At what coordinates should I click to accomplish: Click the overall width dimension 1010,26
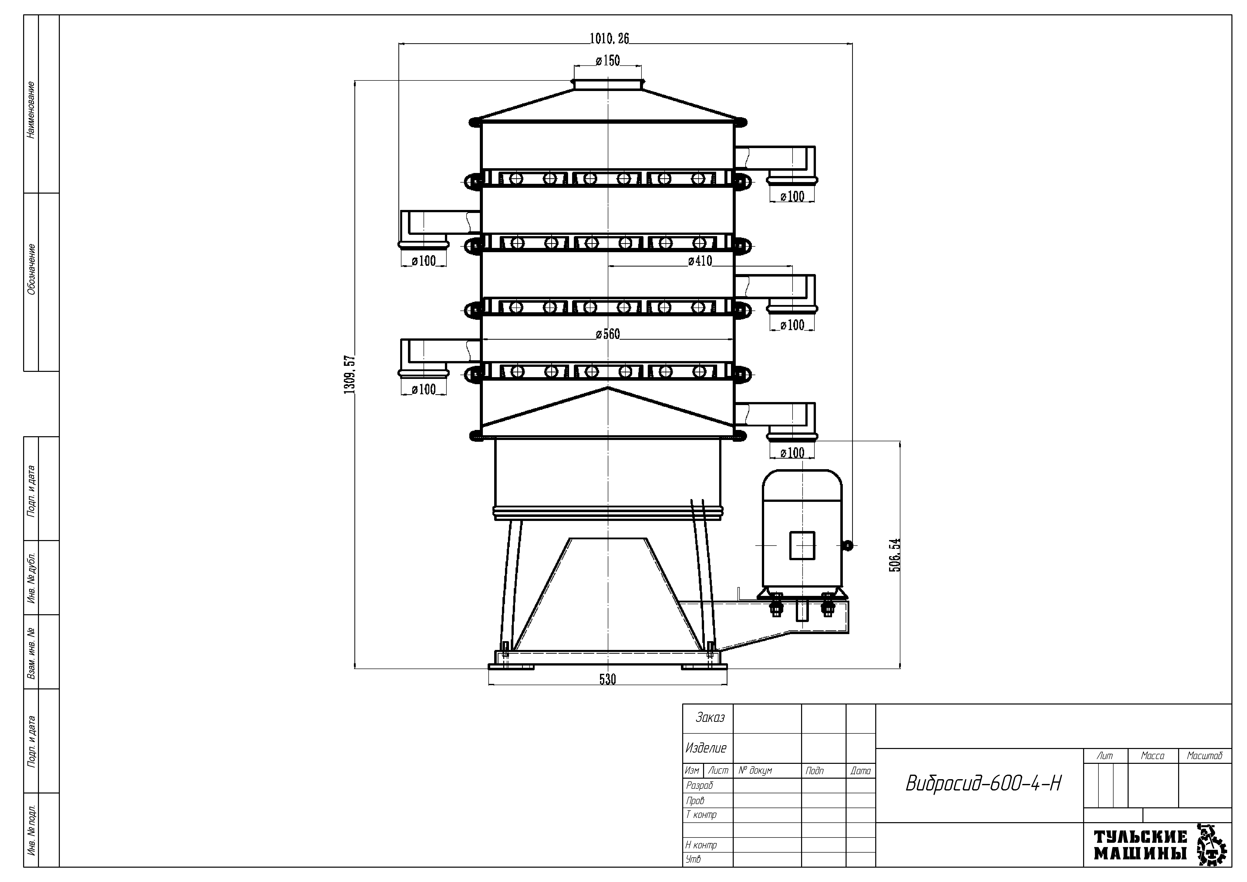(609, 38)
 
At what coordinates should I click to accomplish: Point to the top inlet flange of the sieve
(608, 84)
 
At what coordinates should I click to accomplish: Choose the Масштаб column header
(1205, 756)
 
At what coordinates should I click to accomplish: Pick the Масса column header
(1152, 756)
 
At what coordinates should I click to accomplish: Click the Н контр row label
(701, 845)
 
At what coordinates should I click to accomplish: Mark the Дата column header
(860, 771)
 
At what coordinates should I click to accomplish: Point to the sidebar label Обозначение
(31, 269)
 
